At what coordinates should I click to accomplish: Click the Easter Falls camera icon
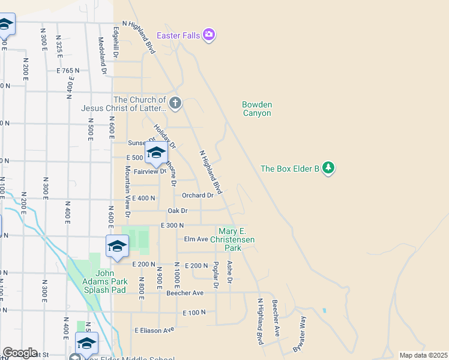click(209, 35)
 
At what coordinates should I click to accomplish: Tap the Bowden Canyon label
click(257, 109)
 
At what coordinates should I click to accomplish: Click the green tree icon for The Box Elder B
click(328, 168)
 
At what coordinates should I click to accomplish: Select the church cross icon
click(175, 103)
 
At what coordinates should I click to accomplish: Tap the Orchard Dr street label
click(197, 195)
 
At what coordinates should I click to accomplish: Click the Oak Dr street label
click(178, 211)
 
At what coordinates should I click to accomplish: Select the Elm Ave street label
click(196, 239)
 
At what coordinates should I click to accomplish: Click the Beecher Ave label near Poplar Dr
click(185, 293)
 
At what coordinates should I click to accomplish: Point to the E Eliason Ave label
click(154, 330)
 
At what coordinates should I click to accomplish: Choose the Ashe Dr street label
click(229, 272)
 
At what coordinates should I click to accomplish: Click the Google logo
click(20, 353)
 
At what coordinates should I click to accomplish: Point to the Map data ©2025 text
click(423, 355)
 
